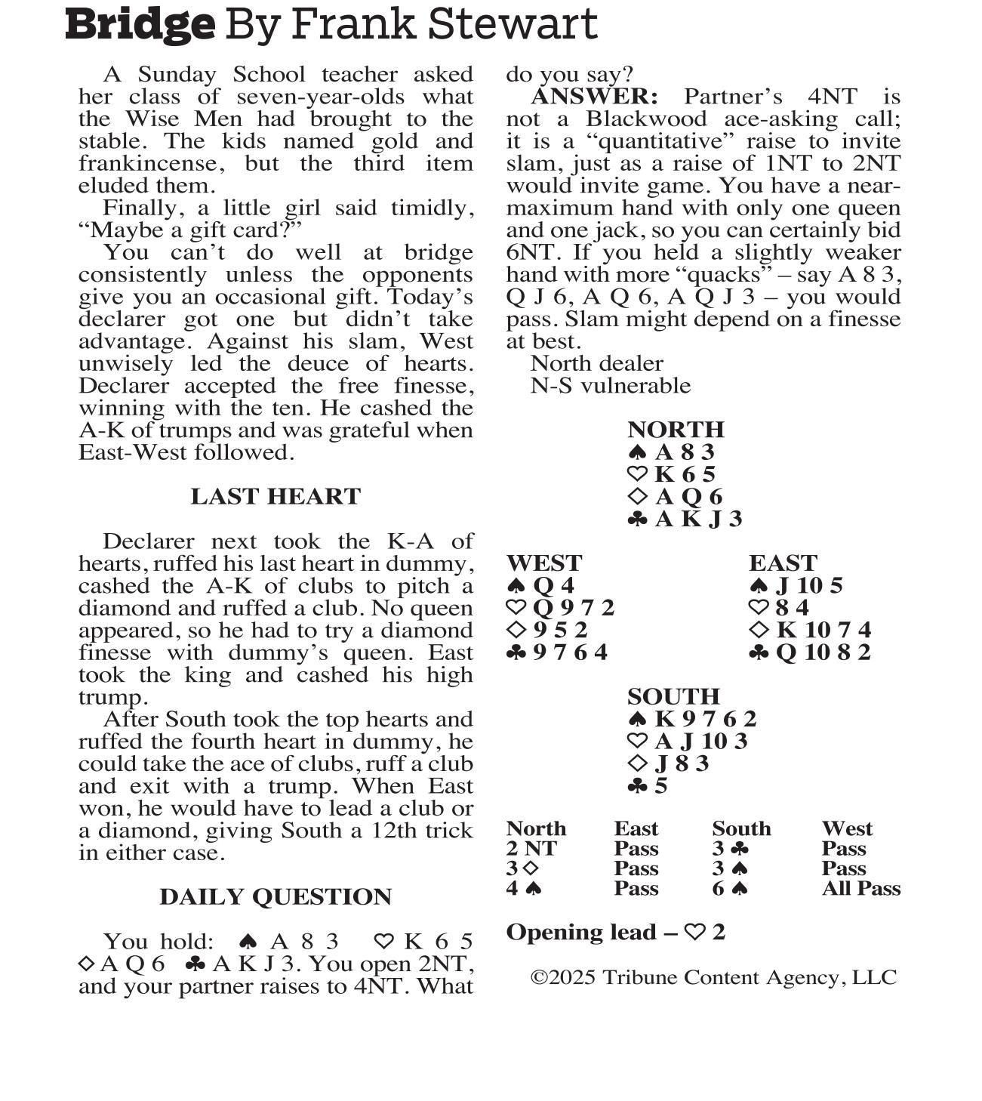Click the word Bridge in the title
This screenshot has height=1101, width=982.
point(140,25)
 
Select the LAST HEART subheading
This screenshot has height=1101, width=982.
point(276,496)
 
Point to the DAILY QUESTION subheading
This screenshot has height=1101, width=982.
point(276,896)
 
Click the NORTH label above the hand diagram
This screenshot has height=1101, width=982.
point(676,430)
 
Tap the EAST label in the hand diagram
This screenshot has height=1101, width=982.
point(783,563)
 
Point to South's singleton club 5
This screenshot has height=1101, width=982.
point(648,786)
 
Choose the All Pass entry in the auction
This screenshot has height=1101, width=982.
point(860,889)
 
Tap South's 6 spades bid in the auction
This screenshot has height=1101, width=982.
point(730,889)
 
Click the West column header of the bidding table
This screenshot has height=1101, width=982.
point(847,829)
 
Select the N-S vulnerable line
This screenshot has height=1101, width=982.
point(610,386)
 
